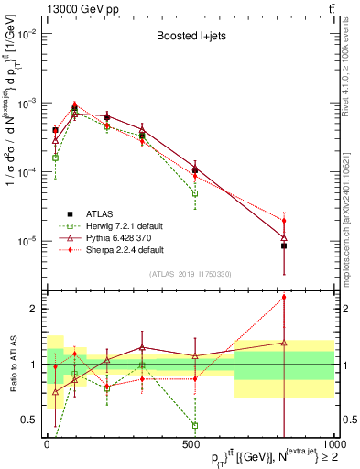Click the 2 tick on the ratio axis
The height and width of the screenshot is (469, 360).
34,309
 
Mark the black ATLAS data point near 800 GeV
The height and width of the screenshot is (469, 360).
284,245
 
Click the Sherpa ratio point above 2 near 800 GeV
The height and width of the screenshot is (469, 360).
284,297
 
